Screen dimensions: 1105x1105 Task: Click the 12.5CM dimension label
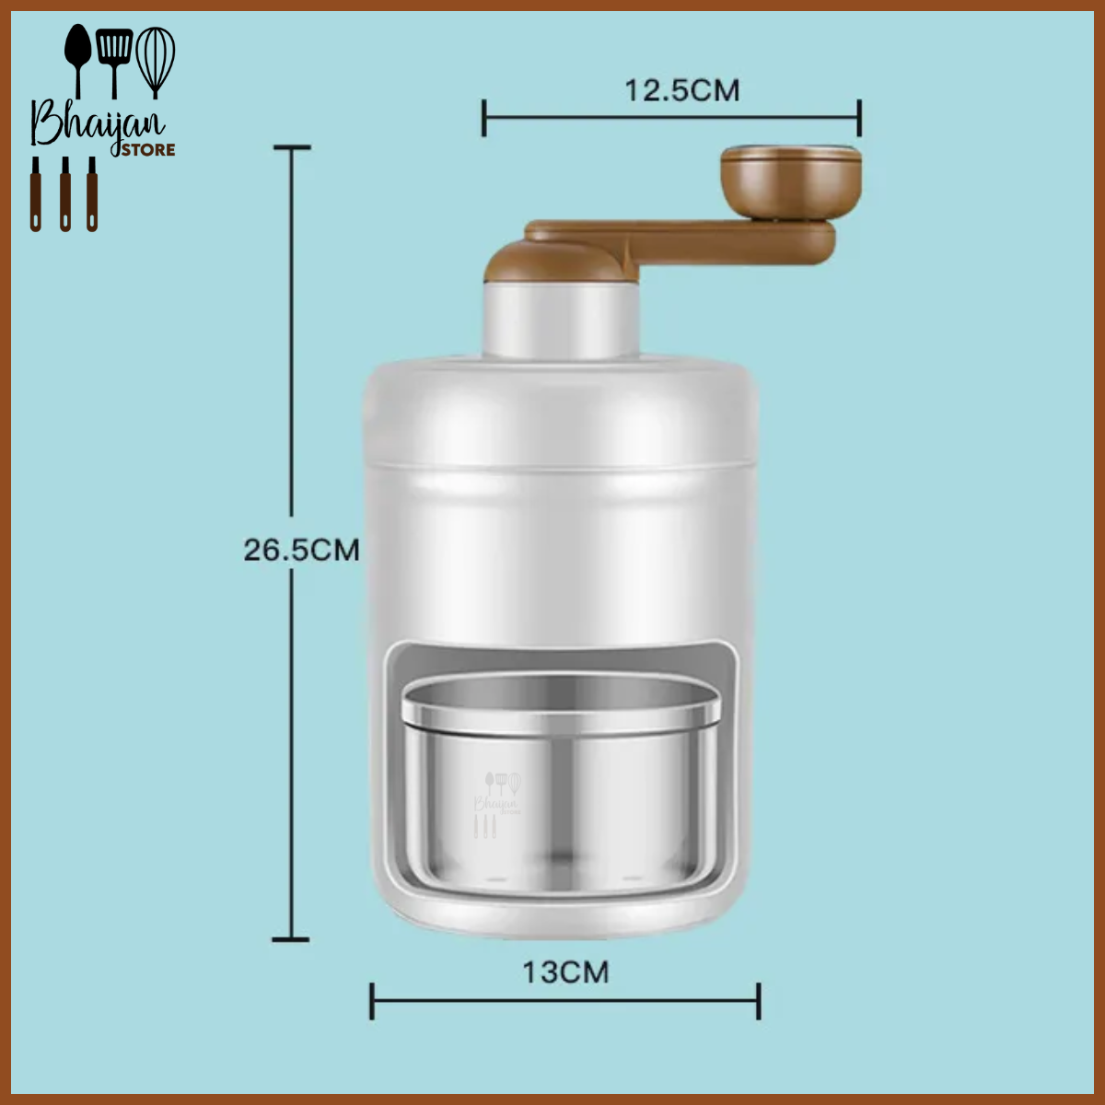tap(681, 90)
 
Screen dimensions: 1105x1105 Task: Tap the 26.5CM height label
tap(301, 550)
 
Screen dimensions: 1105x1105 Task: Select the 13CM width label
tap(565, 972)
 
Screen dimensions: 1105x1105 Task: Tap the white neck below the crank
tap(562, 322)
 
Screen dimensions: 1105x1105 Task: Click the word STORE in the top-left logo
tap(148, 150)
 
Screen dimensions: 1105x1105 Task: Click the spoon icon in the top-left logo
tap(76, 55)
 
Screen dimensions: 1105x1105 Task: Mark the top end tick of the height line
tap(292, 147)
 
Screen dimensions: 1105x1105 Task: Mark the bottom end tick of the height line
tap(292, 939)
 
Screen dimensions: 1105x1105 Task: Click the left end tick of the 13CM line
tap(372, 1001)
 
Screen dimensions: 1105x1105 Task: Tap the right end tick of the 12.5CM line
tap(859, 118)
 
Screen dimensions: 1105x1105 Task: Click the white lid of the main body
tap(562, 414)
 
